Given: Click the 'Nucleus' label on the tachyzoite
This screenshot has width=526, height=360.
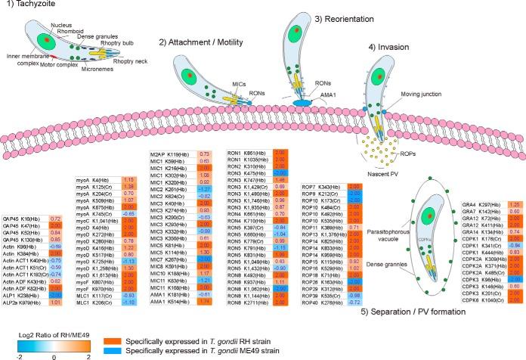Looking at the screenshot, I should (x=63, y=25).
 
